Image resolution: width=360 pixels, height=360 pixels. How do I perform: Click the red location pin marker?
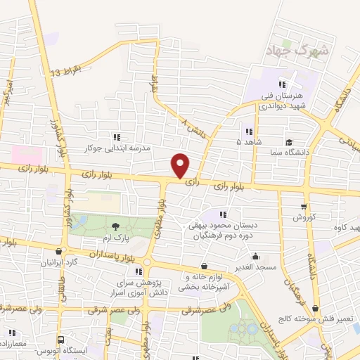181,165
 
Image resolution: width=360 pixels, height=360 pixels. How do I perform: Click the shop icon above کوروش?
303,207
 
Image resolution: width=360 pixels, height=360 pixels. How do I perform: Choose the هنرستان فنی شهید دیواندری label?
284,100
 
